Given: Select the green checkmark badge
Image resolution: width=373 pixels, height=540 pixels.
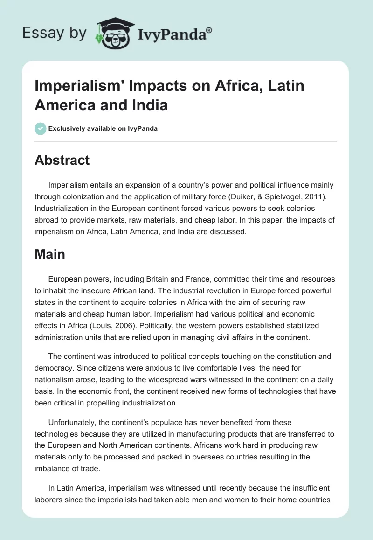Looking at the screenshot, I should coord(41,128).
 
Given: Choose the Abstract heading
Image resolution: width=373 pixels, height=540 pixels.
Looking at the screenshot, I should coord(62,160).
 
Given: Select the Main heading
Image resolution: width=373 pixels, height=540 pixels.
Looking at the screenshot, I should coord(50,254).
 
